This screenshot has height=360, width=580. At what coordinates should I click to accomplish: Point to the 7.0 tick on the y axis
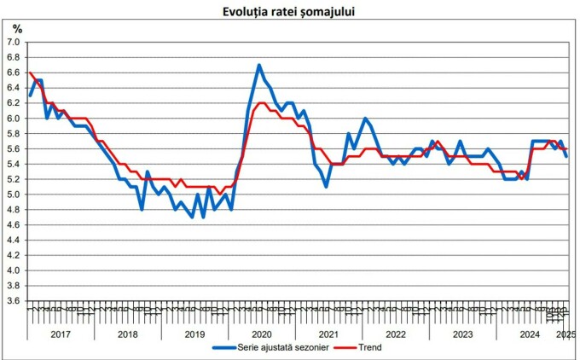14,42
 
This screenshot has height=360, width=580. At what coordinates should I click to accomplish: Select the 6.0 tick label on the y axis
14,118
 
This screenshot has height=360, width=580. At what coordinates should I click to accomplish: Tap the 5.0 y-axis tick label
14,194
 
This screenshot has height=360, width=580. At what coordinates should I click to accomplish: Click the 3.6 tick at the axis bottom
14,300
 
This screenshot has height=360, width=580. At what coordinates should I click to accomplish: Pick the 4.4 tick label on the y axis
14,240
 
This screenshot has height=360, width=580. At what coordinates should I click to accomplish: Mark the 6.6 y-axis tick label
14,73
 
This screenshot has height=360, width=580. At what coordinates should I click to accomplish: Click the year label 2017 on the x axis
60,334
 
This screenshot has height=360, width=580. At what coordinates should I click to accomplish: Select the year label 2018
127,334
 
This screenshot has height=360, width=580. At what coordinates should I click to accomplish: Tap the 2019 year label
194,334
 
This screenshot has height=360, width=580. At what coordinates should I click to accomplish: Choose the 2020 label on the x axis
262,334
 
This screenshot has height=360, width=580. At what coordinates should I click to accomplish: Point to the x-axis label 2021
329,334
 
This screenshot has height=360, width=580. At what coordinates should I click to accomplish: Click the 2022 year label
397,334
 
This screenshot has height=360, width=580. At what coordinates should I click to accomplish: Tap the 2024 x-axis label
531,334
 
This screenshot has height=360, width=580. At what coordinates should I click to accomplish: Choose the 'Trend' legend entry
369,348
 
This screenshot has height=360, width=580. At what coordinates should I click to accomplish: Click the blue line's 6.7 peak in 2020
259,65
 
